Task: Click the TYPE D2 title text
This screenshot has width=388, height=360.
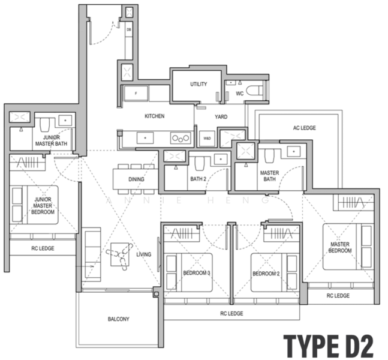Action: pyautogui.click(x=329, y=346)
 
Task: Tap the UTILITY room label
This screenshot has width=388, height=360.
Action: pyautogui.click(x=198, y=84)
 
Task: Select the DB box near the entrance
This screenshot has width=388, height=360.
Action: pyautogui.click(x=129, y=29)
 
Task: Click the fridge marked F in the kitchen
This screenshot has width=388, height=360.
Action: pyautogui.click(x=136, y=94)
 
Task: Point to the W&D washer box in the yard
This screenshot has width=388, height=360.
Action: pyautogui.click(x=207, y=139)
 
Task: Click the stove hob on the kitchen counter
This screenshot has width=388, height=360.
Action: pyautogui.click(x=181, y=138)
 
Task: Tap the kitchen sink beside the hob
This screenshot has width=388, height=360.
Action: pyautogui.click(x=145, y=138)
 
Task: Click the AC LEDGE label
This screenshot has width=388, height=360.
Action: pyautogui.click(x=305, y=128)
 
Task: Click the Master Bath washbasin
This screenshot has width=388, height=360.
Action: pyautogui.click(x=293, y=151)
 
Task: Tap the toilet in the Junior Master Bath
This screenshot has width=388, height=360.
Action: pyautogui.click(x=45, y=125)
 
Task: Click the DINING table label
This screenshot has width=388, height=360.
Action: pyautogui.click(x=136, y=179)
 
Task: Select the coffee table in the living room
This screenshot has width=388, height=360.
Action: pyautogui.click(x=120, y=254)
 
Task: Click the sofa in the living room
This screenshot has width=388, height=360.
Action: pyautogui.click(x=93, y=254)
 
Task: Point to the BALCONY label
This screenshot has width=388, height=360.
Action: pyautogui.click(x=119, y=319)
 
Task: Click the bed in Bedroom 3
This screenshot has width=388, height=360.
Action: pyautogui.click(x=190, y=272)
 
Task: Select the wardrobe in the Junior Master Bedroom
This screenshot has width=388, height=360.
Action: pyautogui.click(x=28, y=163)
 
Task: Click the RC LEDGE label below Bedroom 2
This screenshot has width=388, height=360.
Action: pyautogui.click(x=231, y=314)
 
